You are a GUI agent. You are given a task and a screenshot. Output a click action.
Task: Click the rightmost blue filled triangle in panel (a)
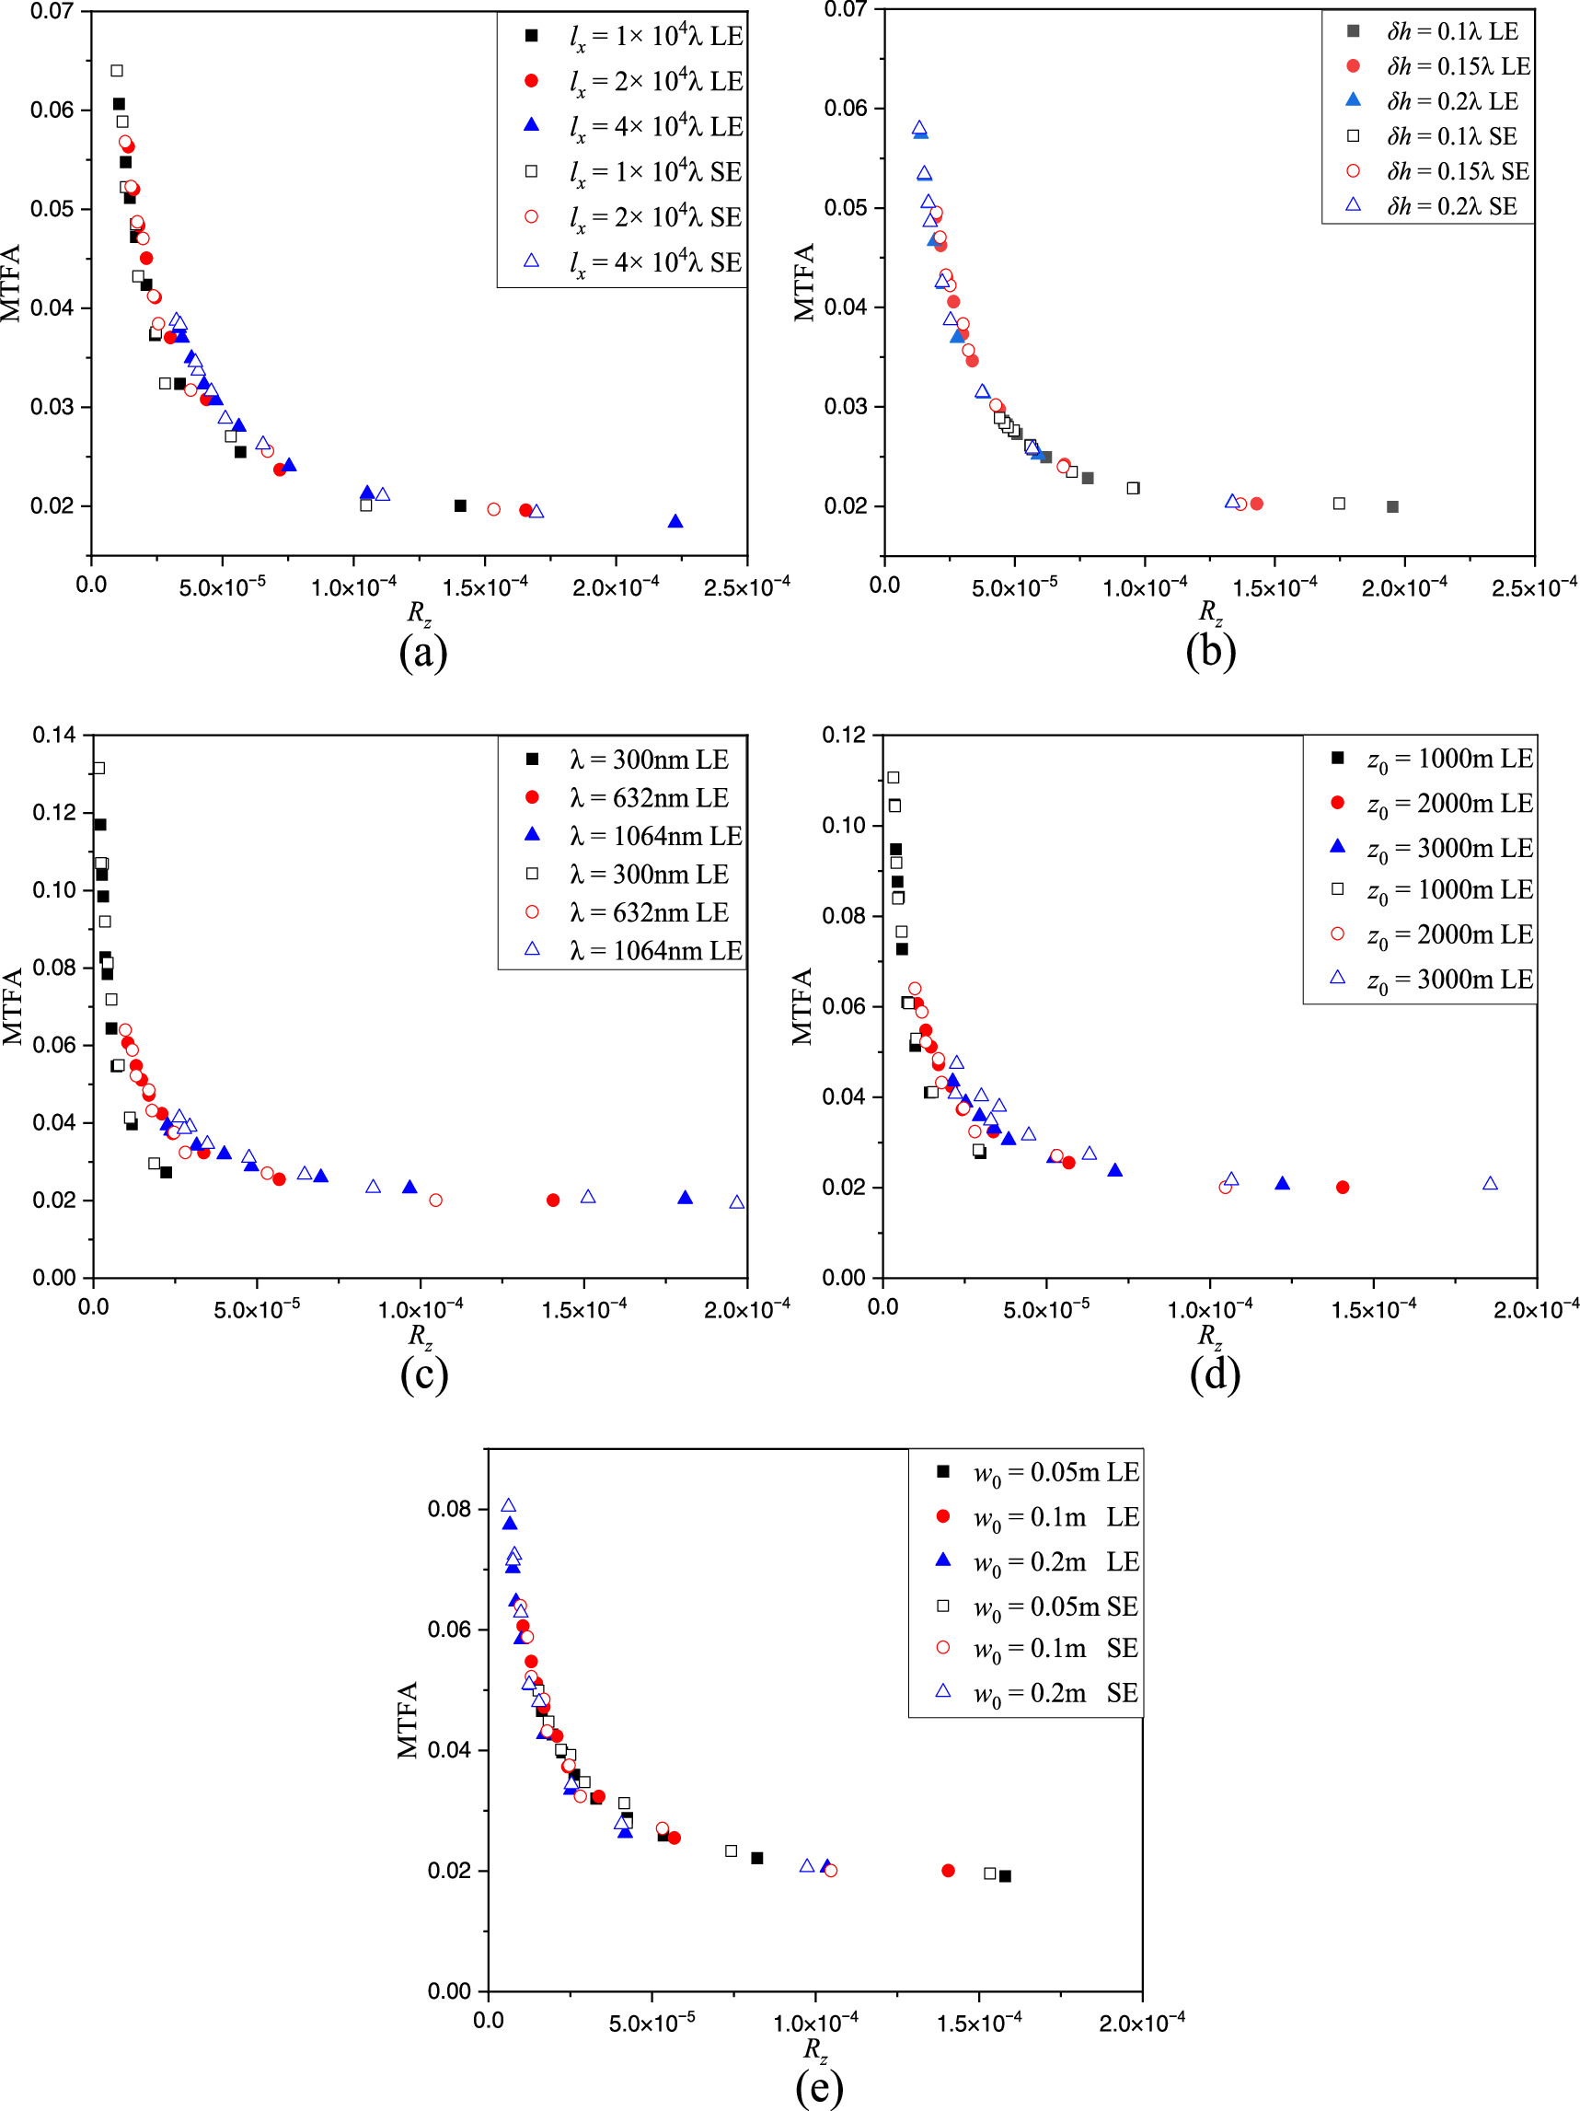pyautogui.click(x=675, y=521)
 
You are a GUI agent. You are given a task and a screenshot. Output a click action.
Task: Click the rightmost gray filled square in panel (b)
pyautogui.click(x=1392, y=506)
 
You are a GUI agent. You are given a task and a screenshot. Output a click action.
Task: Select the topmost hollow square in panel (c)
pyautogui.click(x=98, y=767)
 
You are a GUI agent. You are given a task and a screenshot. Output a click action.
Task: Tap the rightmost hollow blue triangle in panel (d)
pyautogui.click(x=1491, y=1183)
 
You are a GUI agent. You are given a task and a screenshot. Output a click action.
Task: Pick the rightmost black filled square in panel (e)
pyautogui.click(x=1005, y=1876)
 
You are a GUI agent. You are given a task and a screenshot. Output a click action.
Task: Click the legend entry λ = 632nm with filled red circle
pyautogui.click(x=649, y=798)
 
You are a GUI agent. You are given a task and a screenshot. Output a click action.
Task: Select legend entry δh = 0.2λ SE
pyautogui.click(x=1451, y=206)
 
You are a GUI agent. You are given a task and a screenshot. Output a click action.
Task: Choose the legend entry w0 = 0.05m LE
pyautogui.click(x=1055, y=1473)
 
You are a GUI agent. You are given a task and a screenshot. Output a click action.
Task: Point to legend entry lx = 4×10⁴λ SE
pyautogui.click(x=654, y=262)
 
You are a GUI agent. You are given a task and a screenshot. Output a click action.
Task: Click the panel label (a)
pyautogui.click(x=422, y=653)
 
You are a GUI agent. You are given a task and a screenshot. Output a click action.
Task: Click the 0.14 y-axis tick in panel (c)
pyautogui.click(x=53, y=735)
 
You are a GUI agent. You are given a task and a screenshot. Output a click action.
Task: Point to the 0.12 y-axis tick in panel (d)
pyautogui.click(x=844, y=735)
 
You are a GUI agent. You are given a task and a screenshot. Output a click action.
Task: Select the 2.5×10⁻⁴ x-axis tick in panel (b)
pyautogui.click(x=1533, y=588)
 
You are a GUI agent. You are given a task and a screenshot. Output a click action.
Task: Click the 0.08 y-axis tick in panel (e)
pyautogui.click(x=448, y=1509)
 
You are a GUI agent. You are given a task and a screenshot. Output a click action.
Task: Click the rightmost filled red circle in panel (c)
pyautogui.click(x=553, y=1200)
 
